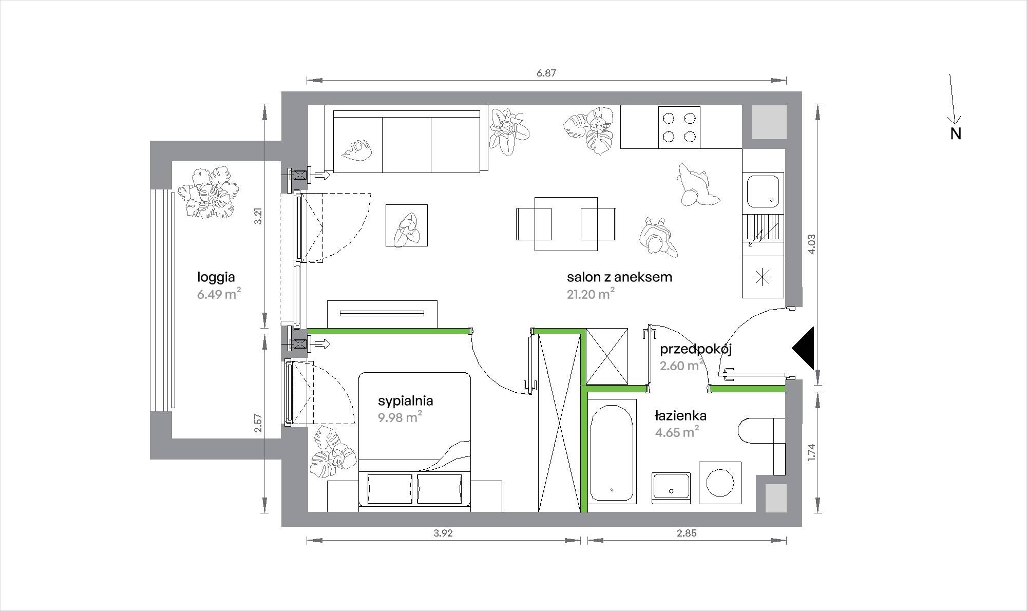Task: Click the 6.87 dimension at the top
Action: point(546,73)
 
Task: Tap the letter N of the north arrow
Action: point(956,133)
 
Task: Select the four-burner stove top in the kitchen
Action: point(679,127)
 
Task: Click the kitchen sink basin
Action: point(763,191)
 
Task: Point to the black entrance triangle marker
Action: point(804,348)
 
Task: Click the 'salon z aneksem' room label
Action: point(619,277)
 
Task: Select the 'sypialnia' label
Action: point(406,401)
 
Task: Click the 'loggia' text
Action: point(216,278)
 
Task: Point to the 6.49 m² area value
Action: point(219,294)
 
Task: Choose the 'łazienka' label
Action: point(680,415)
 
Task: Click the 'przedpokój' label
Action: point(696,350)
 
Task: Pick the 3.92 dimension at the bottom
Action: point(443,533)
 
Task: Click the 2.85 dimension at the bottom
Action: point(687,533)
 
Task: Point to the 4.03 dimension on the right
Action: point(811,244)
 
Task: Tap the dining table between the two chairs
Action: point(566,224)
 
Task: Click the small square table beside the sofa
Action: point(407,225)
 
